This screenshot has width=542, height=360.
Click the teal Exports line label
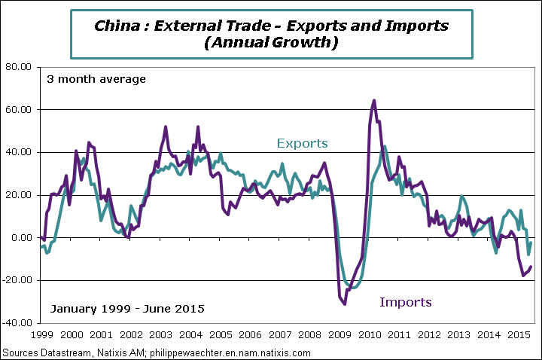[302, 143]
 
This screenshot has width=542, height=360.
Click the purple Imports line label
[406, 302]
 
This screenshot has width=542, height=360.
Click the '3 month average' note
[96, 79]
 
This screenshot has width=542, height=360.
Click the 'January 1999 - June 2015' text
[126, 309]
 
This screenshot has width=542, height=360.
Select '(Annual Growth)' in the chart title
[270, 43]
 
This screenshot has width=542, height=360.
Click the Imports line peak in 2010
[374, 100]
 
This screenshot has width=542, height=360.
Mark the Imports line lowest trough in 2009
[345, 304]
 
